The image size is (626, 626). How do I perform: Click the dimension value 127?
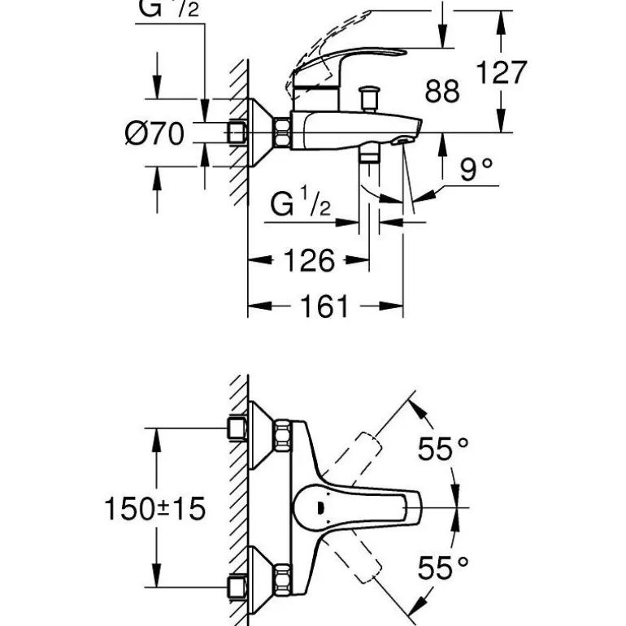click(501, 72)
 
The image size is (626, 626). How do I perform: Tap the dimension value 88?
click(442, 90)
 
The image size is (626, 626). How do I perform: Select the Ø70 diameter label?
click(155, 133)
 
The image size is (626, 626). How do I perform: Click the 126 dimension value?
click(308, 261)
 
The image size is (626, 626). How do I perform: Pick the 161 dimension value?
click(324, 307)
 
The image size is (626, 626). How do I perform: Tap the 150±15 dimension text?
click(154, 510)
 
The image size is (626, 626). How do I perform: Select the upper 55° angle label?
click(444, 447)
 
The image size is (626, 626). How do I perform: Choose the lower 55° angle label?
click(444, 567)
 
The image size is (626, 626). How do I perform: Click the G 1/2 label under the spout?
click(300, 203)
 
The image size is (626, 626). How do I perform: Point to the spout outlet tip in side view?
click(403, 141)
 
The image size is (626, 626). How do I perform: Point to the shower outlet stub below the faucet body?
click(370, 154)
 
